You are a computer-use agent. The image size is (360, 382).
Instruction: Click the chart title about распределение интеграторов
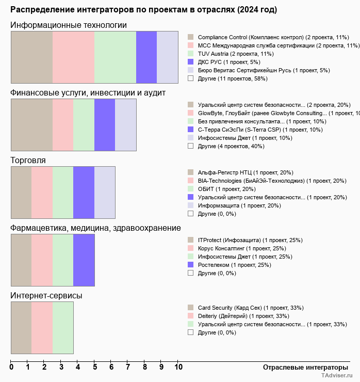point(143,10)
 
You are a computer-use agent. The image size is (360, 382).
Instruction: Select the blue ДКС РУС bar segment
point(146,57)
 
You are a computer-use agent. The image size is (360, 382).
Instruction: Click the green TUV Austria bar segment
point(115,57)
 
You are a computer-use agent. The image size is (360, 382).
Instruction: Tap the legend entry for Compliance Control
point(273,37)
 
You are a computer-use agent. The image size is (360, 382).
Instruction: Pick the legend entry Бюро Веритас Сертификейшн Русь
point(264,70)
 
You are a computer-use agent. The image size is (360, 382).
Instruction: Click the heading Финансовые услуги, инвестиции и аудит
point(88,92)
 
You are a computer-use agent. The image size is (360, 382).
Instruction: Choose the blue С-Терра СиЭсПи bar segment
point(105,124)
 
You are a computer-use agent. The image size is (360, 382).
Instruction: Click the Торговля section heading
point(28,160)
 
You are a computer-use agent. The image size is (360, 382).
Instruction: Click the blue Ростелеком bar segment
point(84,260)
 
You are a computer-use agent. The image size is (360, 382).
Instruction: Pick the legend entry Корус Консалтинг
point(242,248)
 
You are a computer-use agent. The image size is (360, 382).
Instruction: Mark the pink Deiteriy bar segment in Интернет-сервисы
point(42,328)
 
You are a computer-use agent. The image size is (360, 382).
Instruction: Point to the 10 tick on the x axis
point(178,368)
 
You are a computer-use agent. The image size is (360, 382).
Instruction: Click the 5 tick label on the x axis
point(95,368)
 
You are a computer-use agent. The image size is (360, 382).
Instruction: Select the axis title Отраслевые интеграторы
point(302,367)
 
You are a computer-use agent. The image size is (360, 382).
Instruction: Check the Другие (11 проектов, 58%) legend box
point(191,78)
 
